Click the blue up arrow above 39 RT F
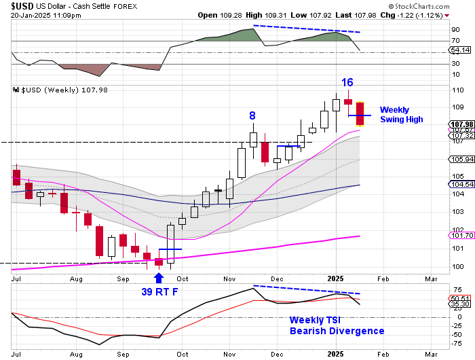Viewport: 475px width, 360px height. pyautogui.click(x=159, y=277)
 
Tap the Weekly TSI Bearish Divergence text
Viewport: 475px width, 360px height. pyautogui.click(x=337, y=325)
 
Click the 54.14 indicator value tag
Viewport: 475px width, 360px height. pyautogui.click(x=459, y=50)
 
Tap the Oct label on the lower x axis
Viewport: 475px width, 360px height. pyautogui.click(x=182, y=355)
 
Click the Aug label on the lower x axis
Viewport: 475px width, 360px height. pyautogui.click(x=75, y=355)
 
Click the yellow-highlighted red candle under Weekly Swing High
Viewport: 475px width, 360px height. pyautogui.click(x=360, y=113)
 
